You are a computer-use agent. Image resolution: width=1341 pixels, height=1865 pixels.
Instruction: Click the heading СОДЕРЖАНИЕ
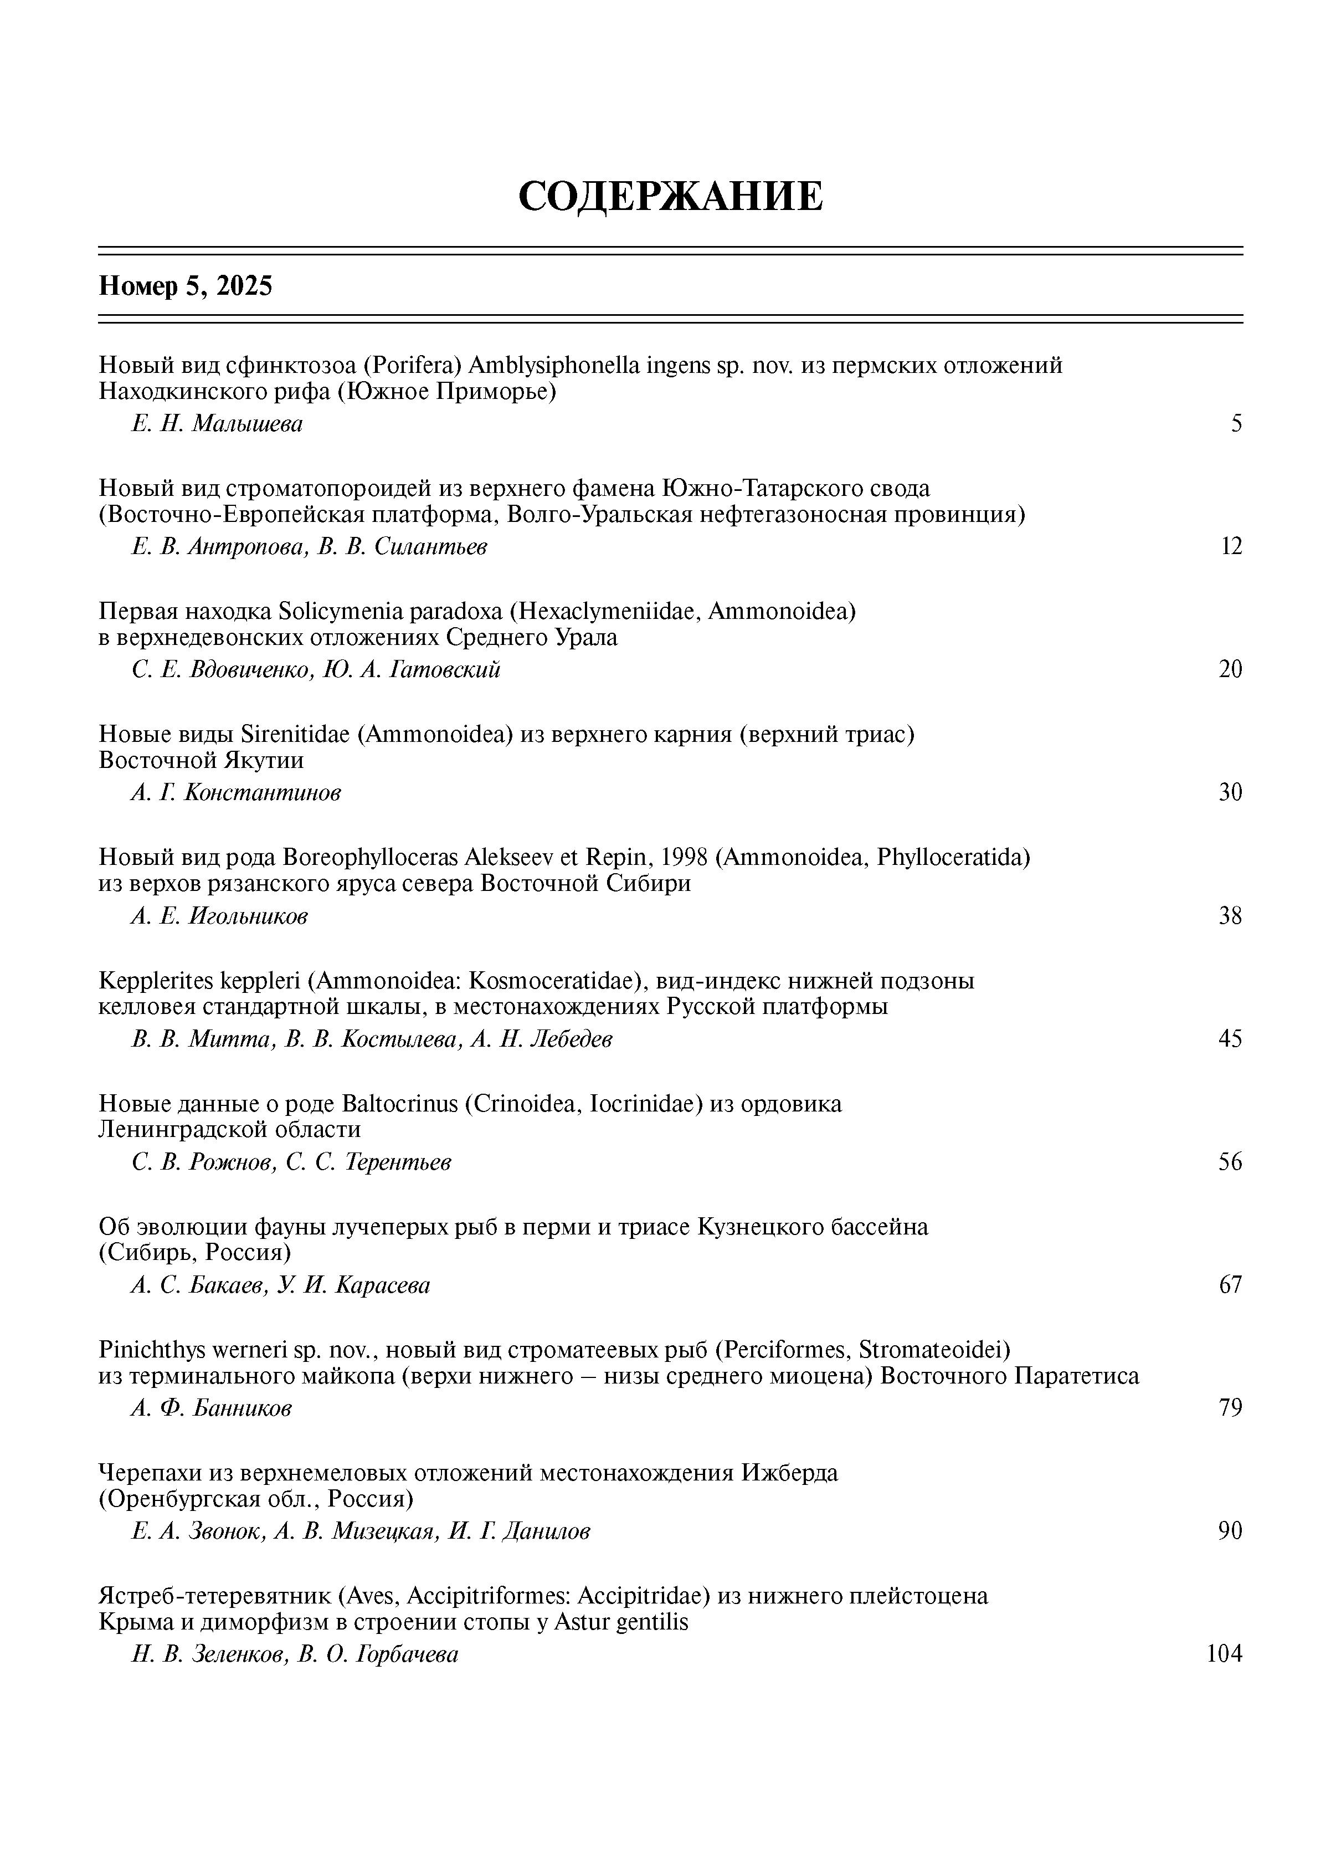point(670,197)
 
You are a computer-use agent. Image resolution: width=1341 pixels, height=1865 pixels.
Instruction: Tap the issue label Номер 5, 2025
point(185,286)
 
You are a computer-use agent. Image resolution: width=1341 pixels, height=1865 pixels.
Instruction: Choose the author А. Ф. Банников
point(211,1408)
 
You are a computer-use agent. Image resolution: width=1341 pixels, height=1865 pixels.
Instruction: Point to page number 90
point(1230,1531)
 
